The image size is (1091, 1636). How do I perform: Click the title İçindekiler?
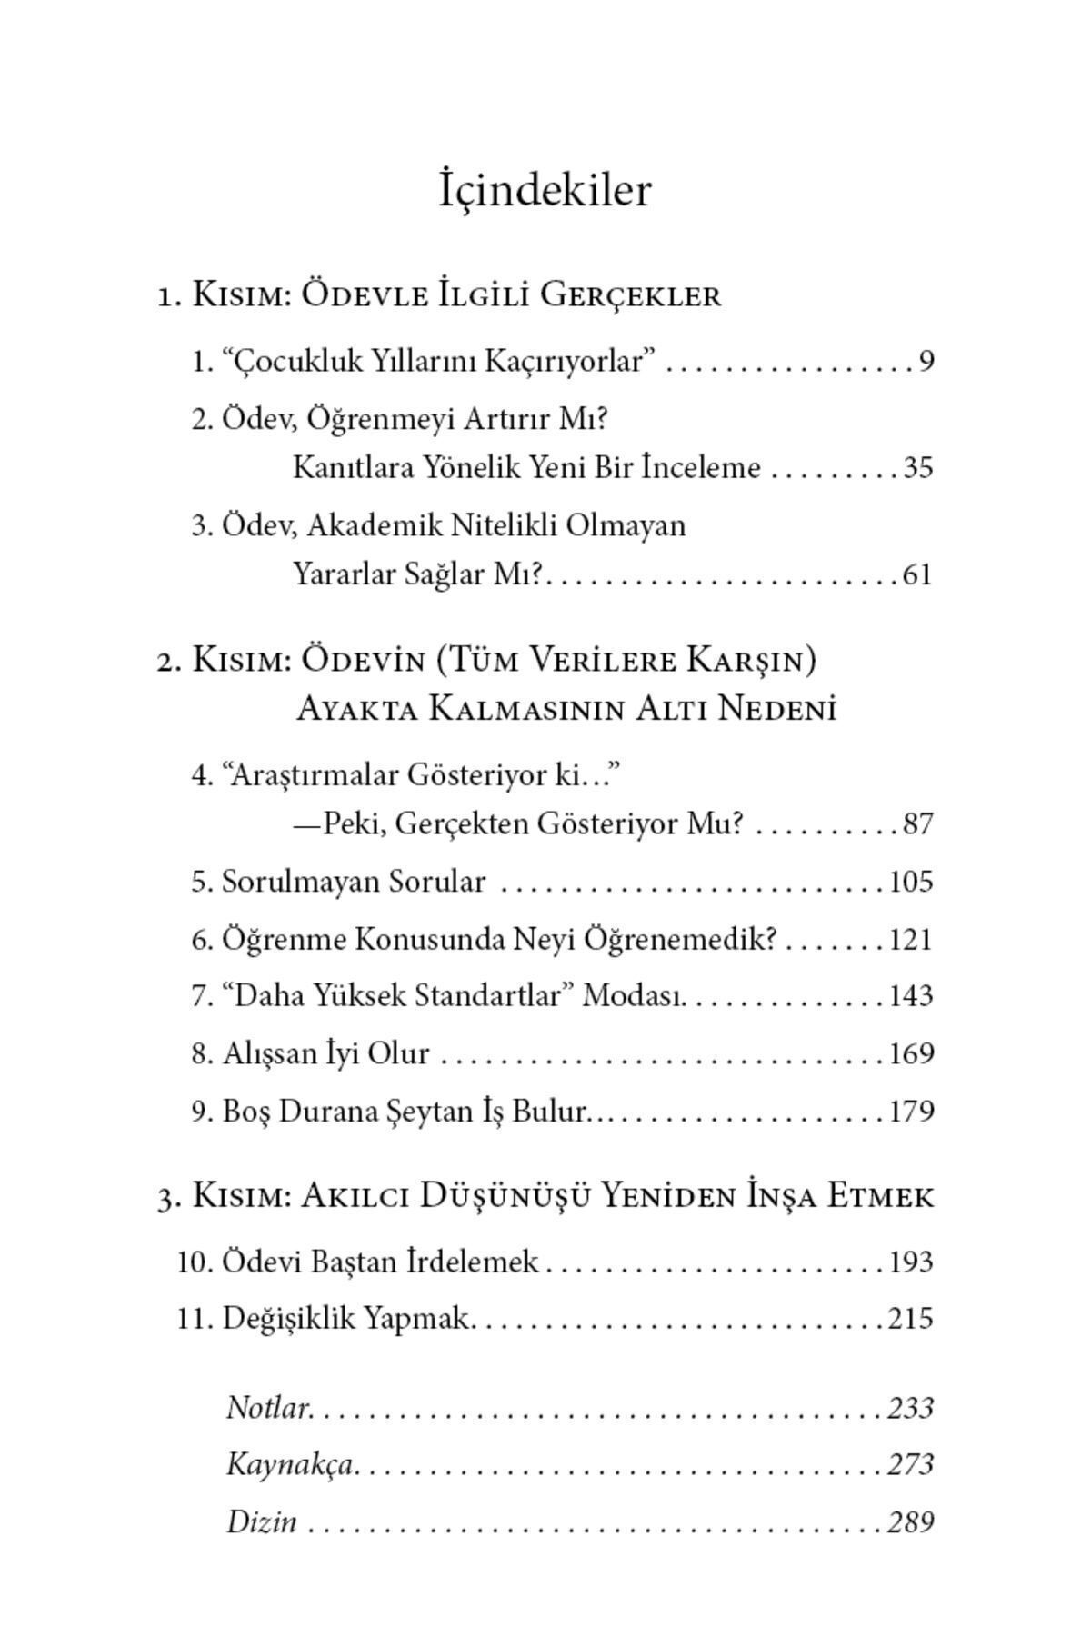click(545, 191)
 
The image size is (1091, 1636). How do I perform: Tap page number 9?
click(926, 362)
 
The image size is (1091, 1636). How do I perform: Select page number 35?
click(917, 468)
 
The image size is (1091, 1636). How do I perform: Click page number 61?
click(917, 575)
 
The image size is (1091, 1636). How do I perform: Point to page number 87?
click(917, 824)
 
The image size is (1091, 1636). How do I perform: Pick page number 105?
click(911, 882)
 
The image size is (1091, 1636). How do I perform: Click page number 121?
click(911, 939)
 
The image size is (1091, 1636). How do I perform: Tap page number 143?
click(911, 996)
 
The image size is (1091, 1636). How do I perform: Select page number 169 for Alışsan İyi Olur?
click(911, 1054)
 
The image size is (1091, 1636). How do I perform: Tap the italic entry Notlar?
click(268, 1408)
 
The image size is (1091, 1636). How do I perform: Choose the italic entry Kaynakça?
click(289, 1465)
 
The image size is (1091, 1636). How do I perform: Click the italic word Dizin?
click(261, 1522)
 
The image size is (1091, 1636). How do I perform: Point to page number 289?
click(911, 1522)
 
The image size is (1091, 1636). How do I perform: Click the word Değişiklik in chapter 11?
click(288, 1319)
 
